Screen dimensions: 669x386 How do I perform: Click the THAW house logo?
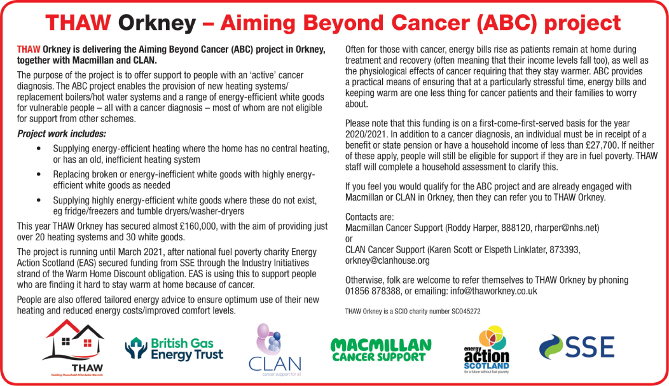click(73, 348)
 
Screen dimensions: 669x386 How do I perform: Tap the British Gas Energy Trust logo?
click(174, 349)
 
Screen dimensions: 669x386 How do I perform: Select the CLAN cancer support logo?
click(275, 350)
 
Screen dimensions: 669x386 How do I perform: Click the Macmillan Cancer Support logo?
click(381, 350)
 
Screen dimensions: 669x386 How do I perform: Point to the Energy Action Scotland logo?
click(486, 349)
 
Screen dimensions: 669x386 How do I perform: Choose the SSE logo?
click(577, 347)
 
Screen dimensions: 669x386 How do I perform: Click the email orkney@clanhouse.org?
click(387, 261)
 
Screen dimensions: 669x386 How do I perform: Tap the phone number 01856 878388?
click(373, 291)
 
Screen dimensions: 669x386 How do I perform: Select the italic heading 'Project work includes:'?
click(62, 134)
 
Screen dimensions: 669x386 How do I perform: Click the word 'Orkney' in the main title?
click(156, 23)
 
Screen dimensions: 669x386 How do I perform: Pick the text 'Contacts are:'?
click(369, 217)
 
